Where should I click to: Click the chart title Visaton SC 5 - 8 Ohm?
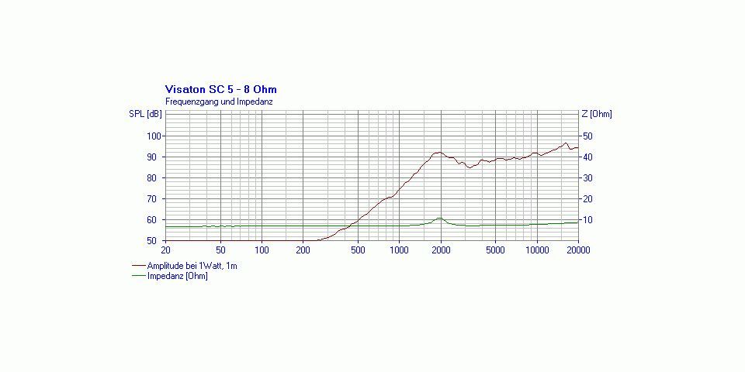coord(221,89)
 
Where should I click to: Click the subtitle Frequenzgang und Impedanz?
coord(219,102)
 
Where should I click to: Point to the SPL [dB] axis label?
coord(145,115)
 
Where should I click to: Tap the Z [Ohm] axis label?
coord(597,115)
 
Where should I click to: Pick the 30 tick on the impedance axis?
coord(587,178)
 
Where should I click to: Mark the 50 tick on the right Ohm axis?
coord(587,136)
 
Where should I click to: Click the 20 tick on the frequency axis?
coord(165,250)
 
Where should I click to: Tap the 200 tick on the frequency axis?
coord(303,250)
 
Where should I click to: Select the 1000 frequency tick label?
coord(399,250)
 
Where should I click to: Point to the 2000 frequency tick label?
coord(441,250)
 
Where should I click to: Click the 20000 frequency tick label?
coord(578,250)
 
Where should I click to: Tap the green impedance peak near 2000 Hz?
coord(439,219)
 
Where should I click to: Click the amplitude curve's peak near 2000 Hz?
coord(439,153)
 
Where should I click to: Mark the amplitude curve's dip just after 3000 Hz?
coord(470,167)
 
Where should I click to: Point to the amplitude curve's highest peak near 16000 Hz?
coord(566,143)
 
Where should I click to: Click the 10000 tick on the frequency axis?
coord(537,250)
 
